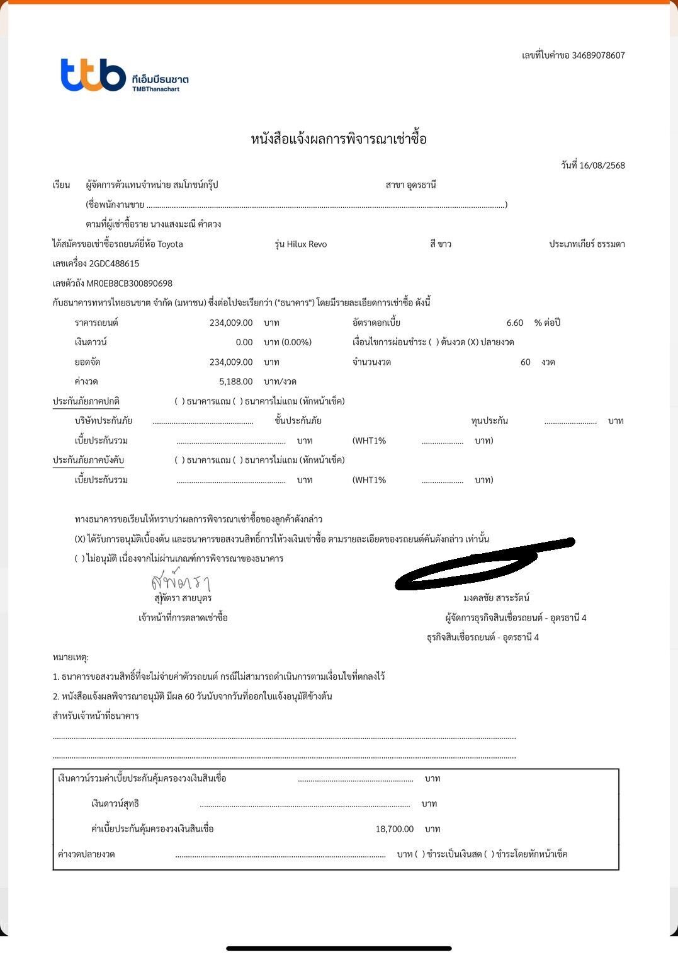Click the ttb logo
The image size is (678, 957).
[x=93, y=75]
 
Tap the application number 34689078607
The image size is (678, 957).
[x=598, y=55]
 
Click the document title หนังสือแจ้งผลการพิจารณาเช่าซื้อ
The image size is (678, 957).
[x=339, y=139]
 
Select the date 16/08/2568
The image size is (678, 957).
[x=602, y=166]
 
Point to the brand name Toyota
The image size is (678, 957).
[x=170, y=244]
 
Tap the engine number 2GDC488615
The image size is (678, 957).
[x=114, y=264]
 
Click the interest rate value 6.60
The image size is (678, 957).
[x=514, y=323]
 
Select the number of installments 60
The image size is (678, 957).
[x=525, y=362]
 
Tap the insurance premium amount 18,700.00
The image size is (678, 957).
[x=394, y=829]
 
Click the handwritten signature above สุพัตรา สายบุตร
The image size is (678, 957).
[x=180, y=581]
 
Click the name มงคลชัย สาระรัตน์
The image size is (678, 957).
[x=496, y=598]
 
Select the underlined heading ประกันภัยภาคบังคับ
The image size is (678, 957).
[x=88, y=461]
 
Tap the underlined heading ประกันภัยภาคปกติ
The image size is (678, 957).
[x=86, y=402]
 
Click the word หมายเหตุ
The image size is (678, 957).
[x=71, y=658]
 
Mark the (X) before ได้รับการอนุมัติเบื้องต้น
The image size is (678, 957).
[x=80, y=539]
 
